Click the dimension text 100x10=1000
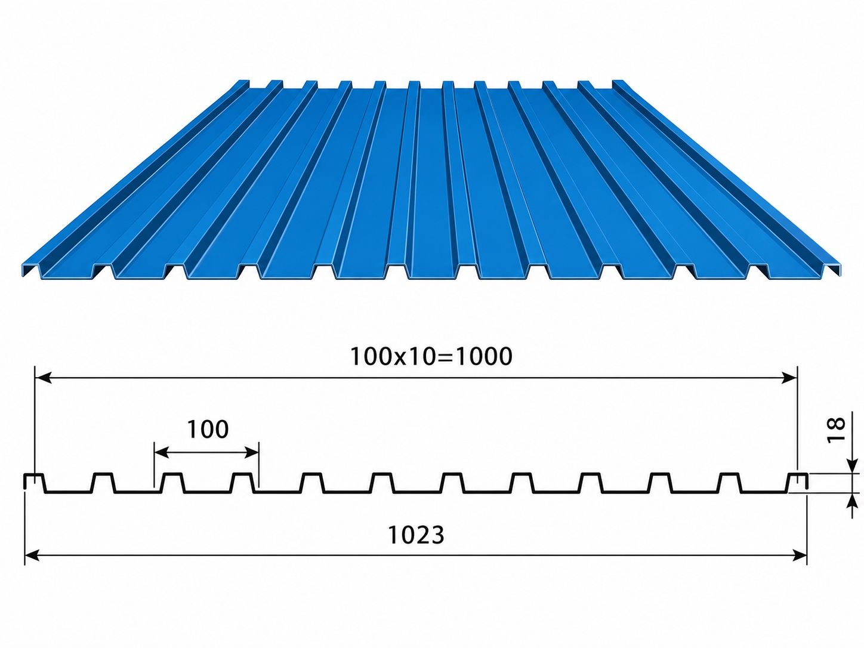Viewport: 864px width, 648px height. (431, 356)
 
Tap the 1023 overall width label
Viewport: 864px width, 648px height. (416, 535)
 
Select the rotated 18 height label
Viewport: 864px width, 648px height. (836, 430)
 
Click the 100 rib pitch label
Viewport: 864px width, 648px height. (208, 429)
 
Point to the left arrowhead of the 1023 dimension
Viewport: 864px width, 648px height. (32, 556)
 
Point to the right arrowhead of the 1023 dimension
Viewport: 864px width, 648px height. (800, 556)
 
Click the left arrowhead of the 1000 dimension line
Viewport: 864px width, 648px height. (42, 378)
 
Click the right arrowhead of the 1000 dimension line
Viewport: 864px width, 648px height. (790, 378)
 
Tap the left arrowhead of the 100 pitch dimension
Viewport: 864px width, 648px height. (162, 453)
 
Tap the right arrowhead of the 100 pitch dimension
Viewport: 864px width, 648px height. (251, 453)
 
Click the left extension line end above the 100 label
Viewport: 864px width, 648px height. (155, 442)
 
